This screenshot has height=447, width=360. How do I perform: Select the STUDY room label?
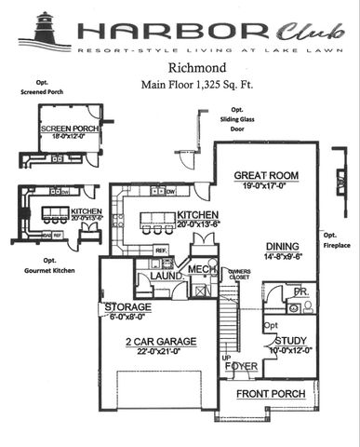(x=290, y=340)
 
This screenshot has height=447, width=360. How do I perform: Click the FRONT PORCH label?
(x=268, y=394)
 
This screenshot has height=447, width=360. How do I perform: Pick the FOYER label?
(x=240, y=366)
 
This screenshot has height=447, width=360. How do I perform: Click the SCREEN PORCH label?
(x=66, y=129)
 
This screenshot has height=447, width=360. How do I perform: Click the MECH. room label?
(x=202, y=269)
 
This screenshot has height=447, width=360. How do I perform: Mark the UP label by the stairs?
(x=226, y=357)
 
